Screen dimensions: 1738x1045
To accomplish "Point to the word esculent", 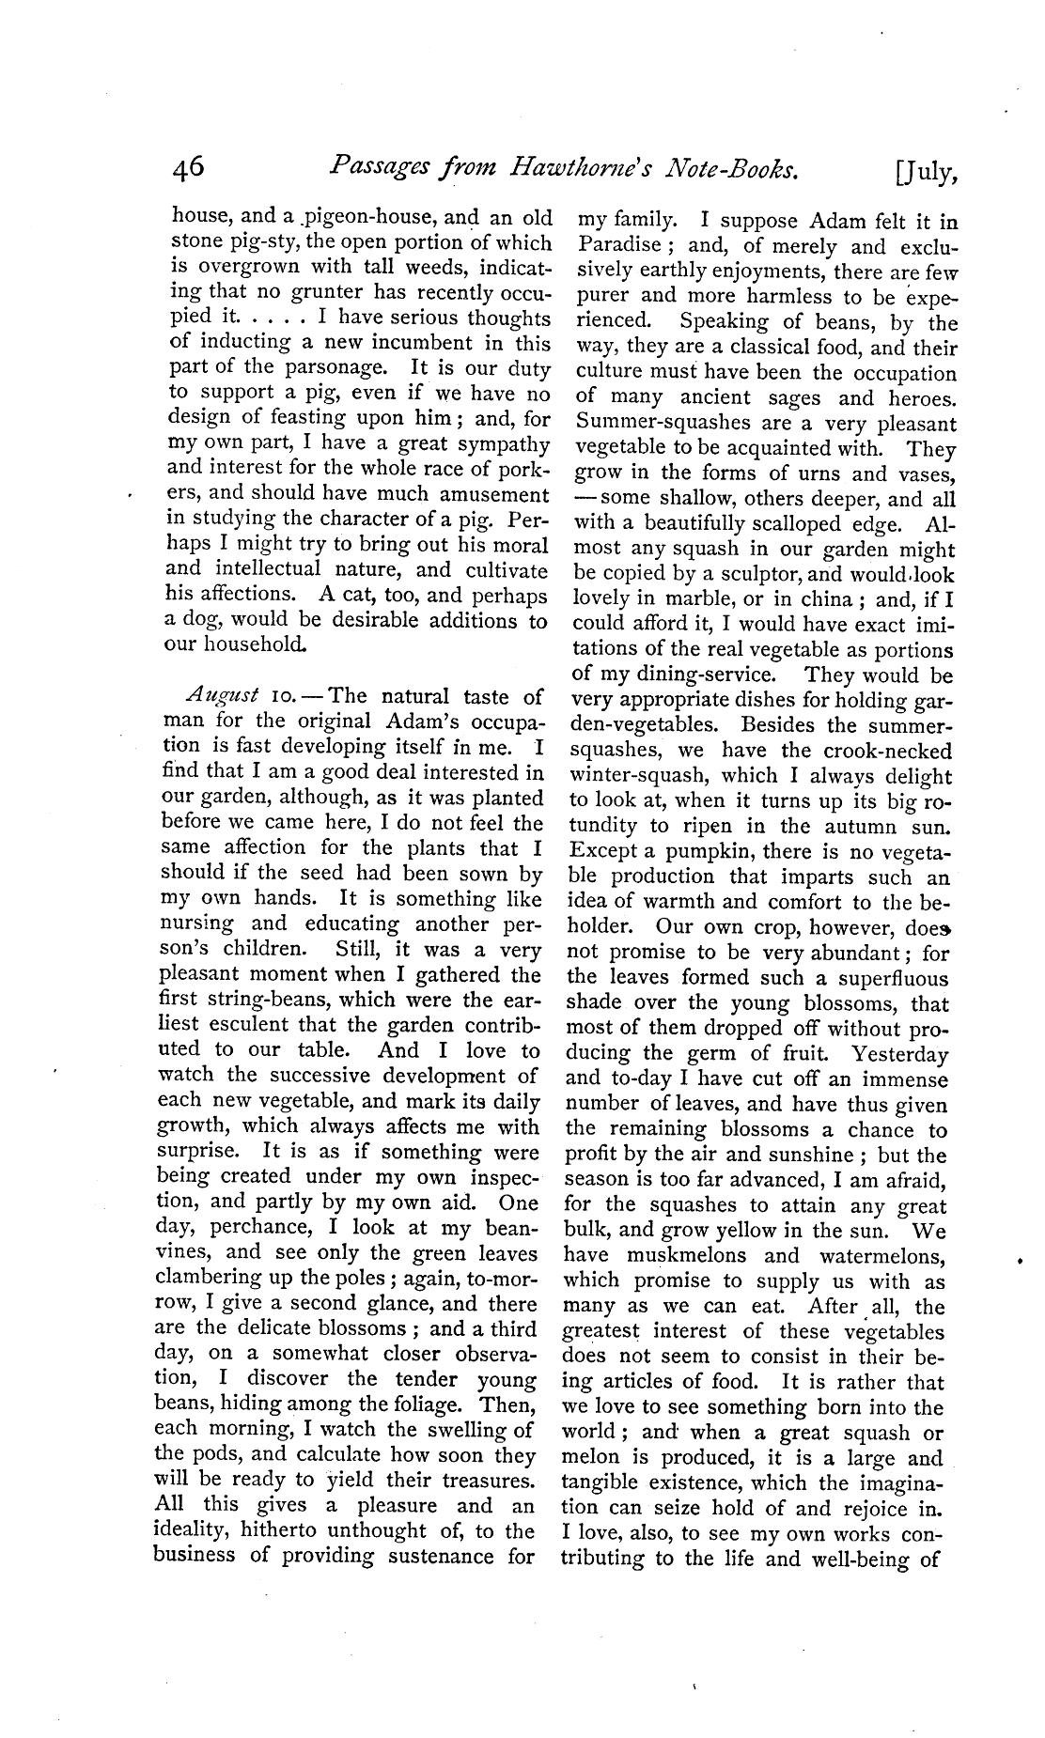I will (242, 1025).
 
